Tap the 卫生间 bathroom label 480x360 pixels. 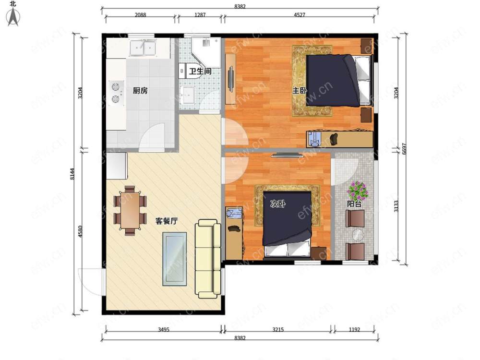click(x=200, y=72)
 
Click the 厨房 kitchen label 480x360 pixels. click(x=140, y=91)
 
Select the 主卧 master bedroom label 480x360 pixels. click(x=300, y=91)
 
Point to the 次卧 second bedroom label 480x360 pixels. click(x=278, y=204)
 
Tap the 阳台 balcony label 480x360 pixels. click(x=354, y=204)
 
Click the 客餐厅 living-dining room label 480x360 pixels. click(x=166, y=221)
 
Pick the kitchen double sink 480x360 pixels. click(x=143, y=48)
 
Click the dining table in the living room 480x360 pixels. click(x=130, y=210)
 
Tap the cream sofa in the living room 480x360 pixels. click(x=208, y=258)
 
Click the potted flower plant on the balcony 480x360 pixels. click(x=357, y=191)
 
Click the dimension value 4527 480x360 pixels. click(x=300, y=15)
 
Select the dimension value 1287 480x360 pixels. click(x=200, y=15)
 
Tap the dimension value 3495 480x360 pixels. click(x=164, y=330)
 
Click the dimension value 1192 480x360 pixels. click(x=354, y=330)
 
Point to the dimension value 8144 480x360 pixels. click(x=72, y=174)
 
